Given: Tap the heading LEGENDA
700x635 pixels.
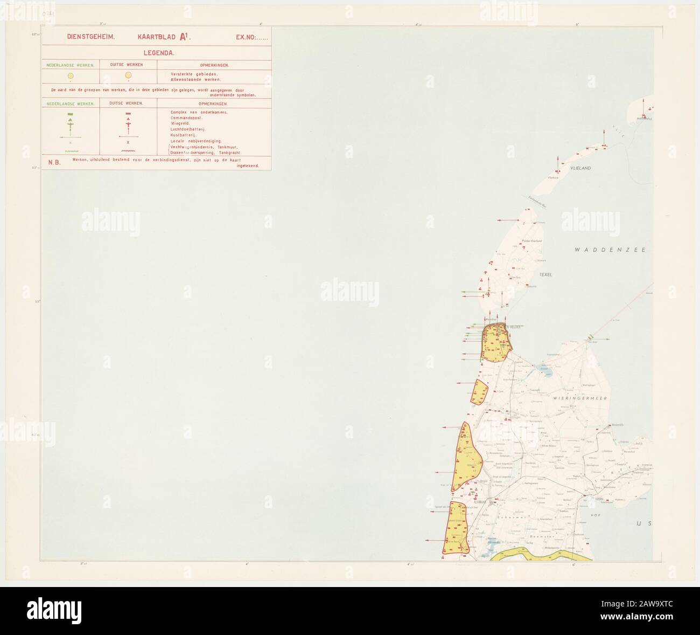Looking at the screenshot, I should point(157,53).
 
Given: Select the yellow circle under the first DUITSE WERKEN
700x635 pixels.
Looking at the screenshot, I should point(128,75).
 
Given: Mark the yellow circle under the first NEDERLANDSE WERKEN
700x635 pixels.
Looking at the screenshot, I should point(71,76).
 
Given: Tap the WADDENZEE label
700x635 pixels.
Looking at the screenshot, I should point(609,250).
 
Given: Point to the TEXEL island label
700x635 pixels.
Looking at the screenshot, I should point(546,274).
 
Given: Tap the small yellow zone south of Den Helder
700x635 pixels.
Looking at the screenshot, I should point(478,391).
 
